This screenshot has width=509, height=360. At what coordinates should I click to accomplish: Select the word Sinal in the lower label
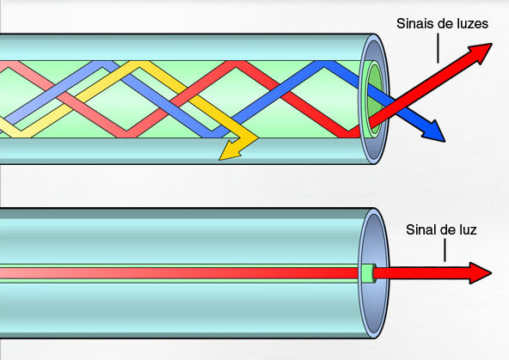(420, 230)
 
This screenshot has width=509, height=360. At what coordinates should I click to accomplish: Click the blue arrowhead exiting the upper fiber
(433, 131)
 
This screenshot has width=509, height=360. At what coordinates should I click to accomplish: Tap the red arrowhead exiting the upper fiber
(480, 52)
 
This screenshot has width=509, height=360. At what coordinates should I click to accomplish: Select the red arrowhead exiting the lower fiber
(480, 273)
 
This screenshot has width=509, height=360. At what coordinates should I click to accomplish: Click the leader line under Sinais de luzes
(438, 48)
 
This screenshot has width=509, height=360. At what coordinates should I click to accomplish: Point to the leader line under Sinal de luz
(445, 250)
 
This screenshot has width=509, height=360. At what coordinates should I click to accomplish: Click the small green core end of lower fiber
(368, 273)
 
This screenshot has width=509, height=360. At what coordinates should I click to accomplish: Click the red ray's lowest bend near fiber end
(349, 134)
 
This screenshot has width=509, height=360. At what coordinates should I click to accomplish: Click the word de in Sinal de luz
(446, 230)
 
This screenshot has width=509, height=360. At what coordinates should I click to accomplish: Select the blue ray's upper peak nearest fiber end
(323, 64)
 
